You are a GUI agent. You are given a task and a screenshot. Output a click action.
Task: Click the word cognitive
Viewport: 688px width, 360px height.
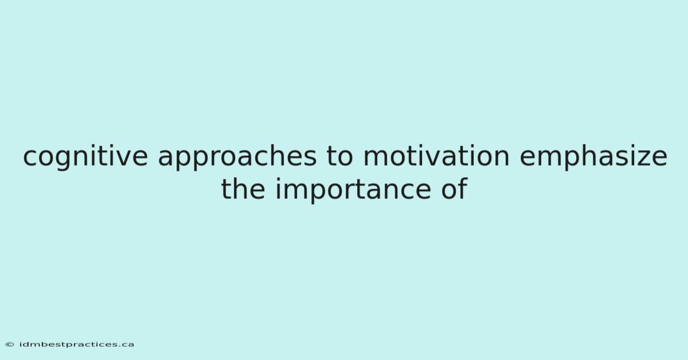[85, 156]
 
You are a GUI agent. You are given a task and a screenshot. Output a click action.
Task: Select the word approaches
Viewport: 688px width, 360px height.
[237, 156]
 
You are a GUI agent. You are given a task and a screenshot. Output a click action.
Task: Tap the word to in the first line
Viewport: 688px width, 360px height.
[339, 156]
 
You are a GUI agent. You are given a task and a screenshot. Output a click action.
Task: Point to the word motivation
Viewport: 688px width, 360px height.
[436, 156]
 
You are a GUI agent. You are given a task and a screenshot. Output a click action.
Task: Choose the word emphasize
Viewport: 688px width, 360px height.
[593, 156]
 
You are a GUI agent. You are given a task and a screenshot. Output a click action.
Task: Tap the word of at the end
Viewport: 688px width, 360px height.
[454, 188]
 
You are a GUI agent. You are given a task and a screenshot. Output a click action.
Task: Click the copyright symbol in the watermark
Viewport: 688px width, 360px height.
[10, 345]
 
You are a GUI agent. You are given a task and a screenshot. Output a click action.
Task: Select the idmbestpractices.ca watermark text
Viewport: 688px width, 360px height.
[76, 345]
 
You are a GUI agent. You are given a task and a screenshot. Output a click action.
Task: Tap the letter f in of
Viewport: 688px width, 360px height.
[463, 188]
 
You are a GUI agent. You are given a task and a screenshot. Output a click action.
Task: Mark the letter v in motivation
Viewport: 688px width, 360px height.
[439, 159]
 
